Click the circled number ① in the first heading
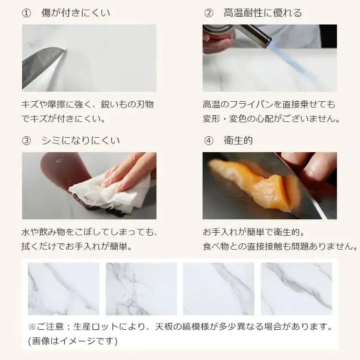pos(26,13)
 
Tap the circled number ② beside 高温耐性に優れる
pos(208,13)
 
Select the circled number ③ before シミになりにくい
pos(26,141)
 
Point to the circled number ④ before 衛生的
pos(208,141)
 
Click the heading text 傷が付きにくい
pos(76,13)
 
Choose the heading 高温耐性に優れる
pos(263,13)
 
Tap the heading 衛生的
pos(238,140)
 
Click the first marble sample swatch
pos(63,289)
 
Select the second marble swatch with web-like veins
pos(141,289)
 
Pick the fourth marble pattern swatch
pos(297,289)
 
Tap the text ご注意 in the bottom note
pos(50,326)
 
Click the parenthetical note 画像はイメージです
pos(72,341)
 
